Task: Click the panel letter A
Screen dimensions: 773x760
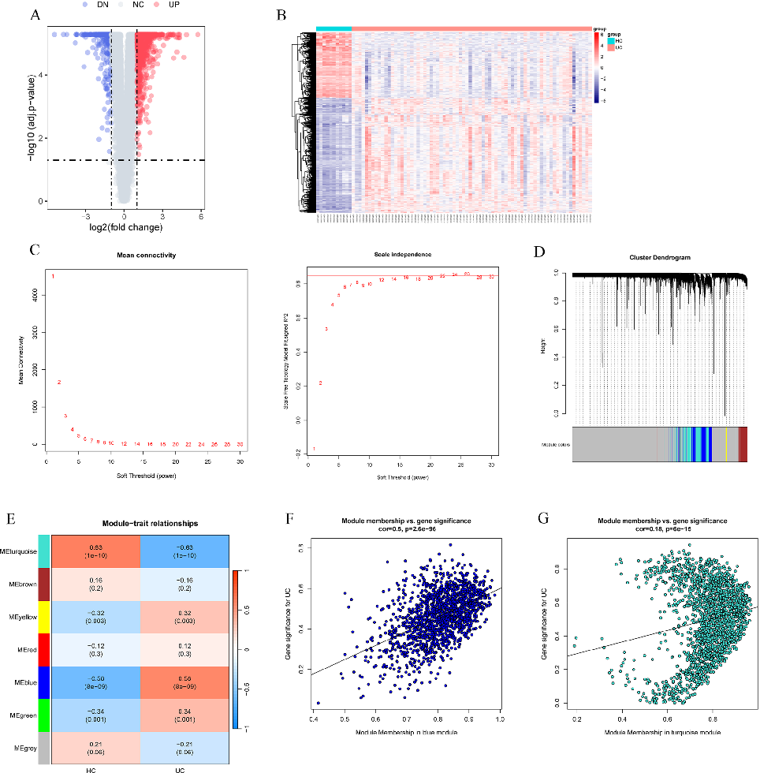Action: (x=35, y=13)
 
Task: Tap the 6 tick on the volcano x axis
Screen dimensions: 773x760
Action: (x=200, y=215)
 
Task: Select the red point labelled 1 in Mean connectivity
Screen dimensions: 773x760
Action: (x=53, y=276)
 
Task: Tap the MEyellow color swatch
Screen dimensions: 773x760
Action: (x=44, y=617)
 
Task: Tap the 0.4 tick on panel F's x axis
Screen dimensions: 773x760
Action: (x=315, y=719)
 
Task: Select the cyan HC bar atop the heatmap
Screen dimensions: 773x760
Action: (x=333, y=29)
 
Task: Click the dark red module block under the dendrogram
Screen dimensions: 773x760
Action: (x=743, y=444)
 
